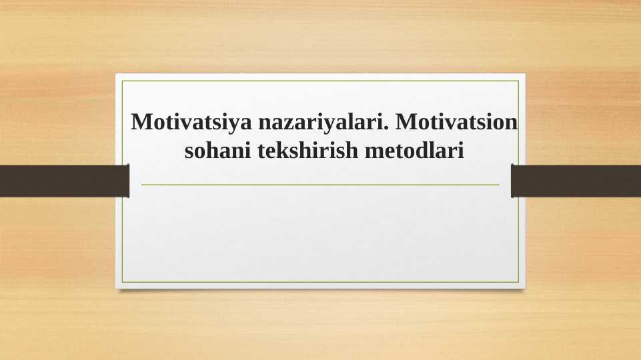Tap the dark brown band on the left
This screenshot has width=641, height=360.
63,181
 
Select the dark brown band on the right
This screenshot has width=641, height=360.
576,181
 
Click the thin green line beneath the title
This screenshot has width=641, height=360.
320,185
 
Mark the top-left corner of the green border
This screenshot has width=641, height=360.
123,81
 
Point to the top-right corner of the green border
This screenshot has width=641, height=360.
518,81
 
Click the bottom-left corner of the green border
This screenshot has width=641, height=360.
123,282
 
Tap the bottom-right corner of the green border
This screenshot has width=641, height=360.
518,282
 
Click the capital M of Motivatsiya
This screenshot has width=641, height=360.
142,123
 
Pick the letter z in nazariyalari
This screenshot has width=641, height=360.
287,125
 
